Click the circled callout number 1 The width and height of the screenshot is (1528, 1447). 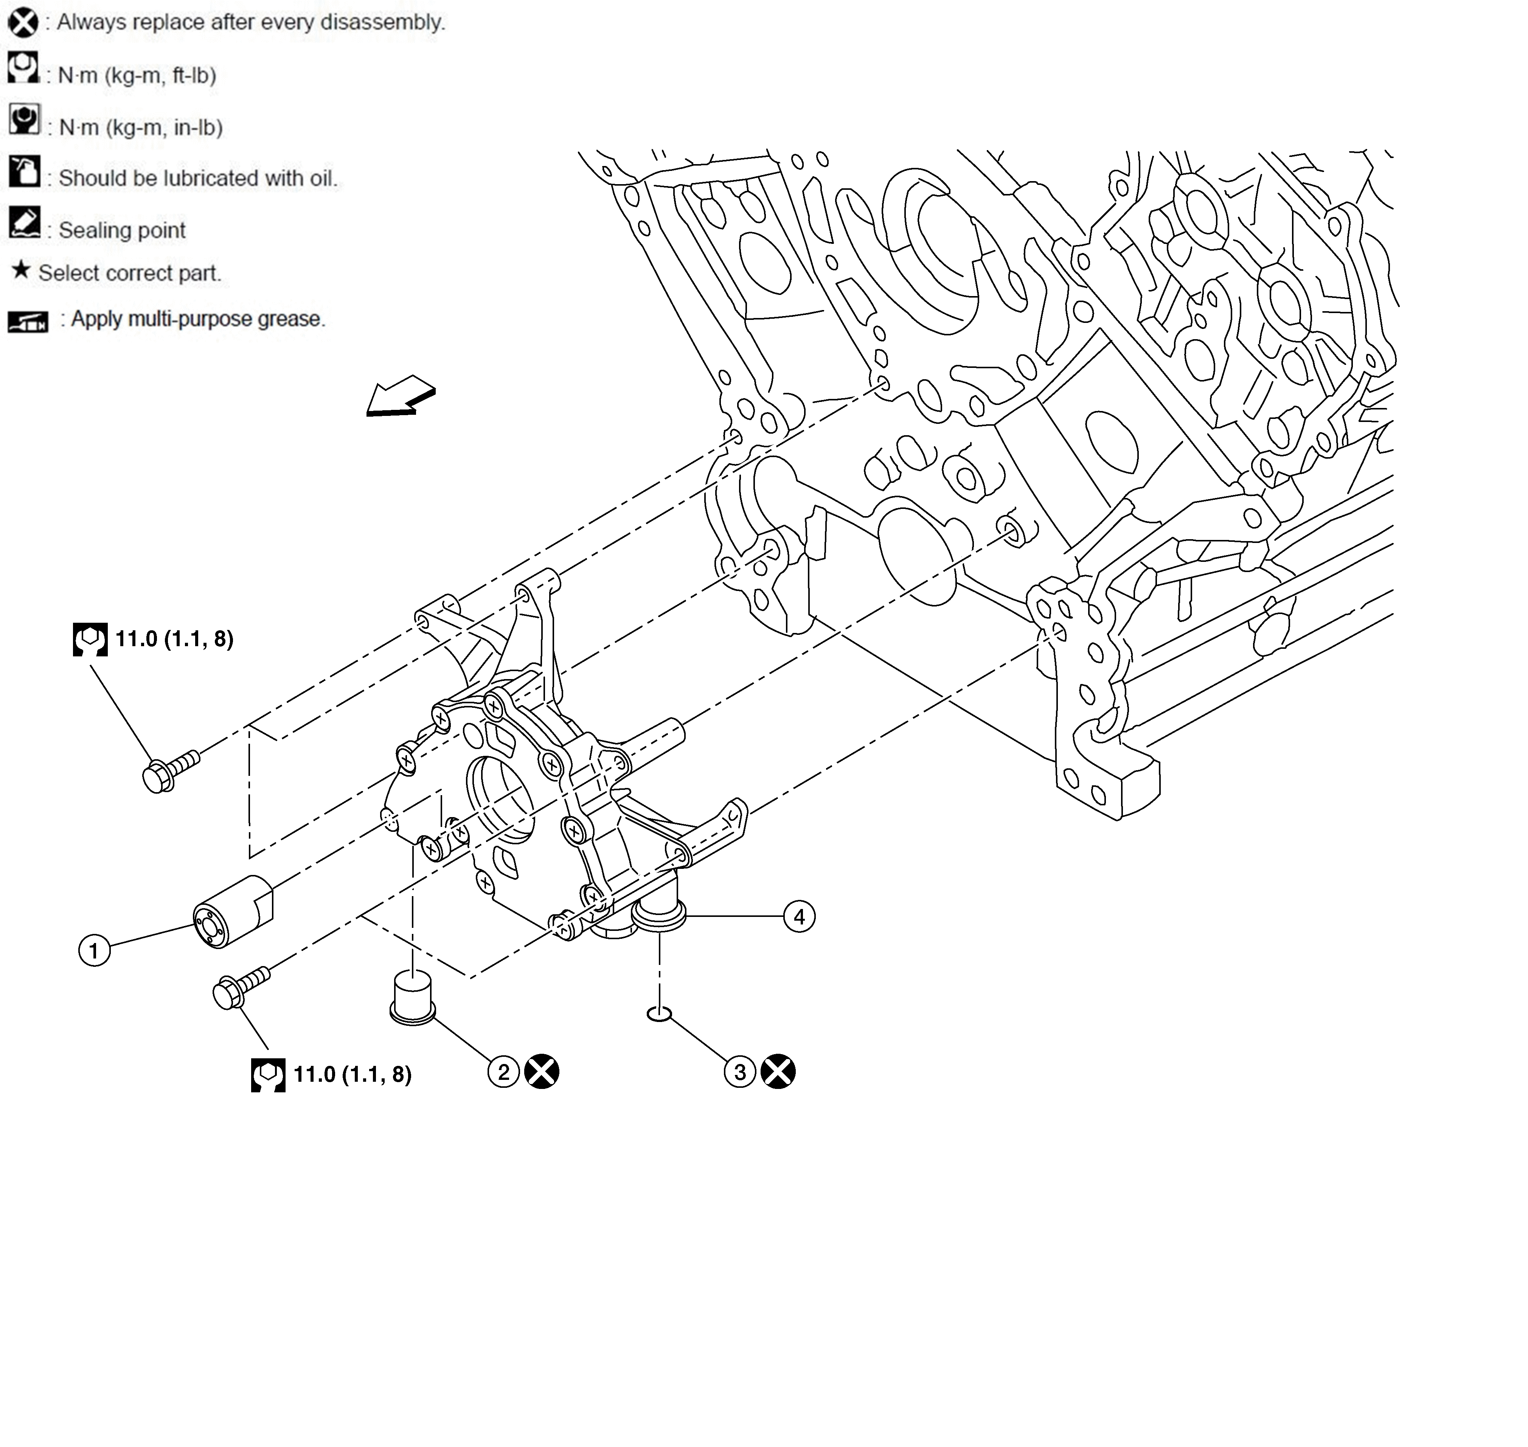point(94,949)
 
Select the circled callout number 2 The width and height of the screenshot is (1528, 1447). point(504,1072)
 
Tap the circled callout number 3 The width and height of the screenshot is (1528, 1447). point(740,1072)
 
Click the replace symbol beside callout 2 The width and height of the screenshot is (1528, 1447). point(542,1072)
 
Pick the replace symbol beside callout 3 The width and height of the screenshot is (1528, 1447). point(778,1072)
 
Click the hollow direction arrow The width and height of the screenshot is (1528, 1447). point(401,397)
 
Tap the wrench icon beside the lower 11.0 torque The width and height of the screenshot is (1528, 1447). point(268,1075)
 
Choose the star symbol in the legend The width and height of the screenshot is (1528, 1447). point(21,271)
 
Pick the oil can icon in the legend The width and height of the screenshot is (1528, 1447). point(24,171)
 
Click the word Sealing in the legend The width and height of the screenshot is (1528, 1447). point(90,231)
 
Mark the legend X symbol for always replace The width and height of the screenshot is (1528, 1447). point(23,22)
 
